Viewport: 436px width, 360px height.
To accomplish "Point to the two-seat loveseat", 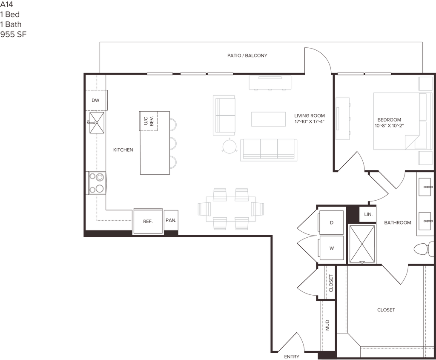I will click(x=224, y=115).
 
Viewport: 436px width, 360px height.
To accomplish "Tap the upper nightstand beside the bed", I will click(x=425, y=84).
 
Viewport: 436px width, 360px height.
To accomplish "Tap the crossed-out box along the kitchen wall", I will click(x=96, y=122).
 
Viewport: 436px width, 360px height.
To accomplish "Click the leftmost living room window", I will click(x=160, y=74).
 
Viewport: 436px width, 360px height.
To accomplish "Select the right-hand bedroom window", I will click(x=378, y=74).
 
